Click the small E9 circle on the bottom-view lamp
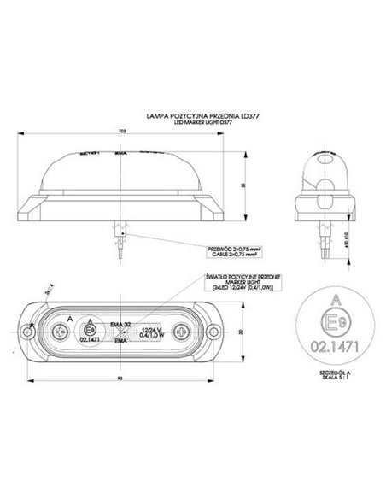[90, 328]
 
